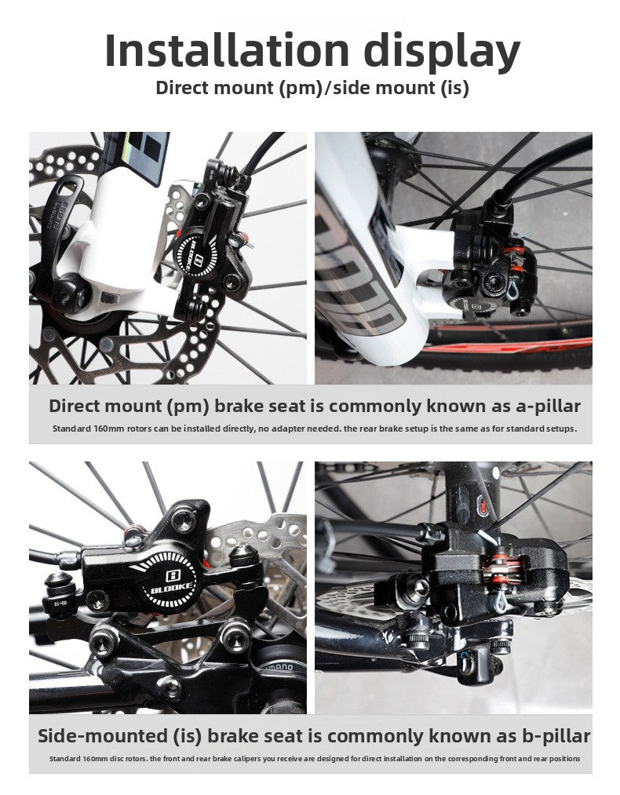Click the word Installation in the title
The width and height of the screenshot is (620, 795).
coord(227,50)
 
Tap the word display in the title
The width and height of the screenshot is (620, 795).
coord(442,53)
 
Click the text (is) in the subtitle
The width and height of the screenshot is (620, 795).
coord(454,88)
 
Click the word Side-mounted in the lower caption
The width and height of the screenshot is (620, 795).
coord(102,735)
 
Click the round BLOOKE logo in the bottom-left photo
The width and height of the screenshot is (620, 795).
coord(171,582)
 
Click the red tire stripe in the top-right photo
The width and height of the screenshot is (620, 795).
coord(507,347)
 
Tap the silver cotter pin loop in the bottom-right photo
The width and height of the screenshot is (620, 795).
coord(501,601)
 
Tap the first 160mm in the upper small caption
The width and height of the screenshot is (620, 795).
coord(109,429)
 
